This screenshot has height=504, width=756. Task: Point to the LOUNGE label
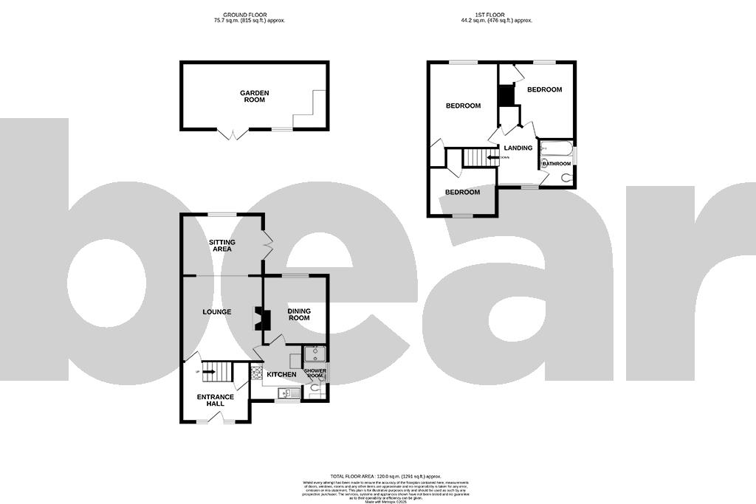coord(217,312)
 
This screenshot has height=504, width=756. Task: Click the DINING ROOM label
coord(299,314)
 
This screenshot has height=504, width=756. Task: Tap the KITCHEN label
coord(281,375)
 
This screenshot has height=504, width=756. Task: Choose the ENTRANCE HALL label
coord(215,400)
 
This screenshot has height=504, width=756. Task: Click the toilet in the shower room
coord(315,391)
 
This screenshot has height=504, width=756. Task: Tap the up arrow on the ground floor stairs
coord(199,371)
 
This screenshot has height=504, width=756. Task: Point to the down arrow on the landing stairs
coord(493,157)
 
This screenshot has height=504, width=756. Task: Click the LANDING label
coord(518,148)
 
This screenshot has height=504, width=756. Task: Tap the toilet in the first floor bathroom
coord(566,177)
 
